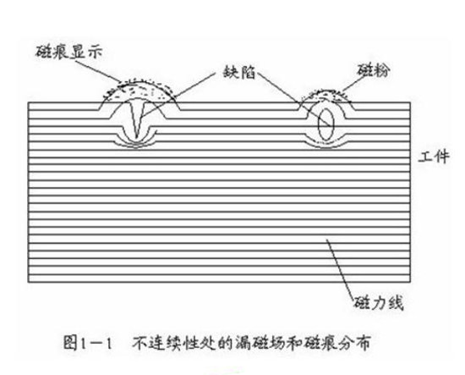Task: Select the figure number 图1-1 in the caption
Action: [90, 345]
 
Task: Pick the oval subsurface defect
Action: [325, 124]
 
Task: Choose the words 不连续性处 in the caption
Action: [169, 345]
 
